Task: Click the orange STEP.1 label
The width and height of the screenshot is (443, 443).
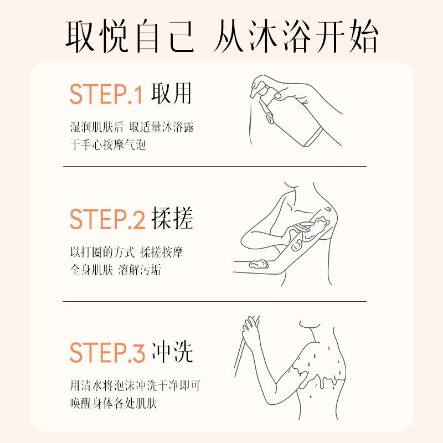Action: [x=106, y=94]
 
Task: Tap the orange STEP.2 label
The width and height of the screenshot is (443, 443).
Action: [x=107, y=219]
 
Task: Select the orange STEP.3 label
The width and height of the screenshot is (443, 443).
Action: [x=107, y=352]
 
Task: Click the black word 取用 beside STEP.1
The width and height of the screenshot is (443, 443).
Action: [x=172, y=94]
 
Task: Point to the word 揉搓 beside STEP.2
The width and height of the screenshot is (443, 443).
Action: [x=172, y=218]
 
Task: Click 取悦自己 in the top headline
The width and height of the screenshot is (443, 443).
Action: [x=130, y=36]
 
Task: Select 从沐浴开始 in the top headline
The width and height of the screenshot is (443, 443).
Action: [x=296, y=36]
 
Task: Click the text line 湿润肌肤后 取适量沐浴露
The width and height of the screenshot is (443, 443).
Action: [x=132, y=127]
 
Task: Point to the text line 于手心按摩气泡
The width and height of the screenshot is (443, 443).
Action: [x=108, y=145]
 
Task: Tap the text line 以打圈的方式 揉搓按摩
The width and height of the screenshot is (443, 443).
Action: [x=127, y=253]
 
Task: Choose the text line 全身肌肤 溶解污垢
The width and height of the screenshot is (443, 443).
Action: [x=116, y=270]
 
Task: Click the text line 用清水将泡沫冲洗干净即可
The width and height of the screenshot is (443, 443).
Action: [x=135, y=385]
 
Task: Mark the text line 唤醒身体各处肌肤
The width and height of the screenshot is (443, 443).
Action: [x=114, y=403]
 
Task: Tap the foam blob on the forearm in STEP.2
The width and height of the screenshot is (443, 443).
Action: [x=259, y=264]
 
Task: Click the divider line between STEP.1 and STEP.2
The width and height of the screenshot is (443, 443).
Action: [x=215, y=167]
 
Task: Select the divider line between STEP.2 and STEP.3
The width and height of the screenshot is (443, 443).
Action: [x=215, y=301]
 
